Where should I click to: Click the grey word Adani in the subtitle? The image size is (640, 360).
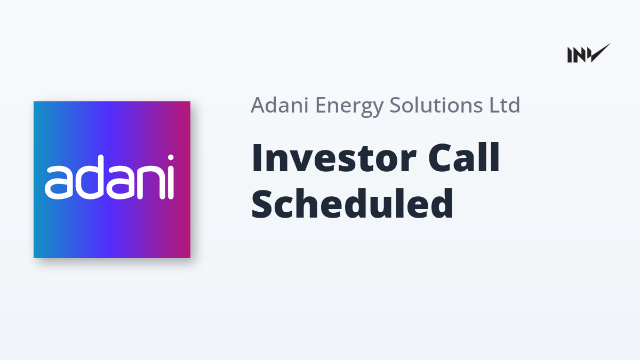click(x=279, y=105)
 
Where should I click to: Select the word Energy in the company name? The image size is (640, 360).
click(x=349, y=107)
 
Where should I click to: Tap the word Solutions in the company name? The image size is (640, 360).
click(x=436, y=105)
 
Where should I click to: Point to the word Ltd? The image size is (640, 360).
click(x=505, y=105)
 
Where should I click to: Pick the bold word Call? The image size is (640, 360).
click(x=463, y=157)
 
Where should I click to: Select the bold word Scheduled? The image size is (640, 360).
click(x=352, y=203)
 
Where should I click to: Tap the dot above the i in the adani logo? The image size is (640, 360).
click(x=171, y=158)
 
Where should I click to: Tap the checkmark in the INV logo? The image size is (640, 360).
click(x=601, y=53)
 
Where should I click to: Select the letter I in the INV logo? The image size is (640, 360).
click(x=570, y=55)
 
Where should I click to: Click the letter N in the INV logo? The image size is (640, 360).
click(x=579, y=55)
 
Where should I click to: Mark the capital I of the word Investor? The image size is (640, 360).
click(x=257, y=158)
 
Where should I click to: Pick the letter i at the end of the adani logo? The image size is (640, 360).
click(x=171, y=177)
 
